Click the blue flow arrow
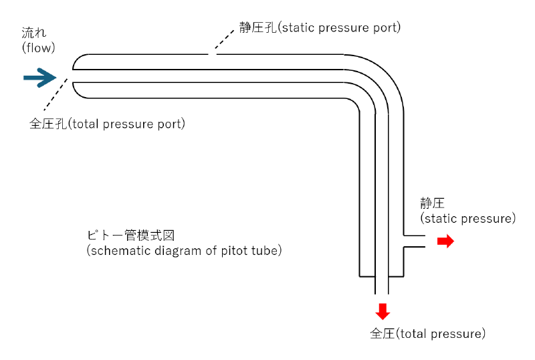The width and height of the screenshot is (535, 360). click(39, 78)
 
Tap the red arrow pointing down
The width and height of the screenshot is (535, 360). click(382, 311)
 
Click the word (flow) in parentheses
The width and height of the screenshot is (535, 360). click(38, 48)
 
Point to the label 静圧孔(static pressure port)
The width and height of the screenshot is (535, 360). click(320, 28)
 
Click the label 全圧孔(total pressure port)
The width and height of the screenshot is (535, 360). click(107, 124)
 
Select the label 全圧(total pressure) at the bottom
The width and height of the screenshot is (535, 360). click(427, 333)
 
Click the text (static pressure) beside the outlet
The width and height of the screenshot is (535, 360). click(468, 219)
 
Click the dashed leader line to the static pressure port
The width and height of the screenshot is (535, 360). click(223, 42)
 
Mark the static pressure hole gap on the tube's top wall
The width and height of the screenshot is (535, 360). click(212, 54)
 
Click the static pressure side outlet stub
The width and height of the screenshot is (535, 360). click(415, 242)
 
